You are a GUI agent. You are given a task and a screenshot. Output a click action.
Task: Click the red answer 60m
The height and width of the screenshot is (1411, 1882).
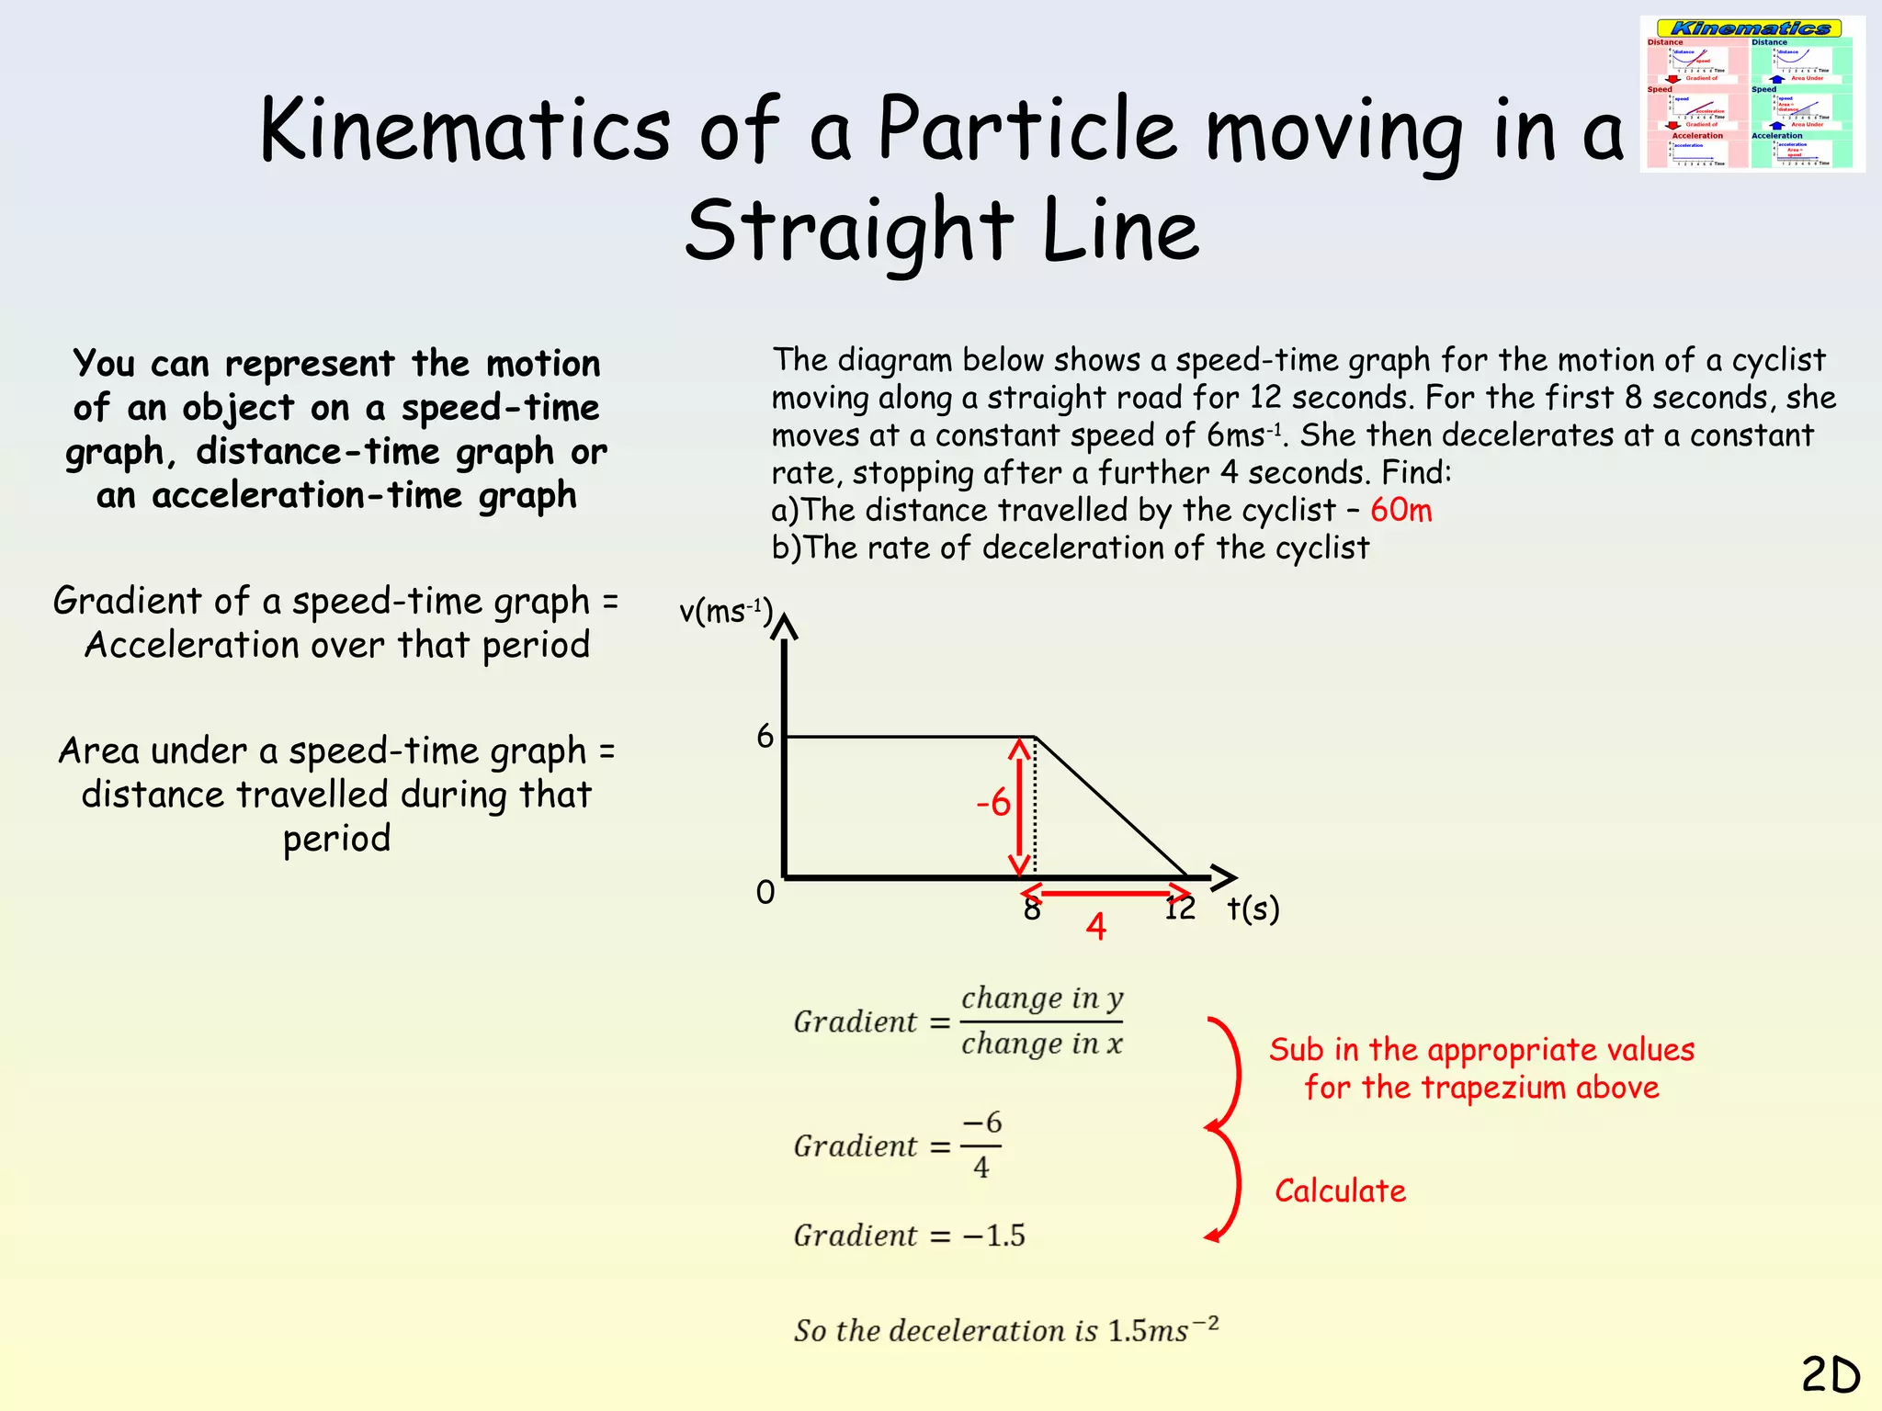(x=1400, y=510)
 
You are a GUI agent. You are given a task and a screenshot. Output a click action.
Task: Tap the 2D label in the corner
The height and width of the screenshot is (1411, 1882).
(x=1831, y=1375)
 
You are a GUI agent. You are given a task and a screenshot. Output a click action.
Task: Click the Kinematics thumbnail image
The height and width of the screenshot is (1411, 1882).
(x=1752, y=94)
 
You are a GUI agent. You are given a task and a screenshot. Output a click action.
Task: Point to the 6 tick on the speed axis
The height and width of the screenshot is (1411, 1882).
(x=765, y=736)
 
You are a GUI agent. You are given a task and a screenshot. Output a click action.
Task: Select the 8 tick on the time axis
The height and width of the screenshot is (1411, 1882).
(x=1032, y=909)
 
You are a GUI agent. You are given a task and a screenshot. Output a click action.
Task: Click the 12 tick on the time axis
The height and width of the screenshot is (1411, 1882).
(x=1180, y=909)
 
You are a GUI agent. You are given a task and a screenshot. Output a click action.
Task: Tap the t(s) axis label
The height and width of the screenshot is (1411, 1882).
(x=1253, y=909)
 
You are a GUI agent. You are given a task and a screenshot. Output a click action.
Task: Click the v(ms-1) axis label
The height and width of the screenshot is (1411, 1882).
(x=726, y=611)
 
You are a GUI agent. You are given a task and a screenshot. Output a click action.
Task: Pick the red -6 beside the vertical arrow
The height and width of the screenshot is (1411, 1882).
(x=993, y=804)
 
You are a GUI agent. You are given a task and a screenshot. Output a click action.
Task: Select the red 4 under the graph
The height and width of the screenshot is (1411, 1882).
(x=1095, y=926)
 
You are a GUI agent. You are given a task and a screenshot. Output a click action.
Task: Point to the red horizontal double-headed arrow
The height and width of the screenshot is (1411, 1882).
(x=1106, y=891)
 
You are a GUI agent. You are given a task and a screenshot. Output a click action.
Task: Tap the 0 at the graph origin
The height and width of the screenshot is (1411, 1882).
(x=765, y=892)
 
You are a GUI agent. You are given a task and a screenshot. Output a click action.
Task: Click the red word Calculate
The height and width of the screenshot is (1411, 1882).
(x=1340, y=1191)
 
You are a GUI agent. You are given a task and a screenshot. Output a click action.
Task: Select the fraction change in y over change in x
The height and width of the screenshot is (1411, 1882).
(x=1042, y=1022)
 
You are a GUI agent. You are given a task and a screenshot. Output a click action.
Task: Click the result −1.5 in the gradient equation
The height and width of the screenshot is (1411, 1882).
(x=993, y=1236)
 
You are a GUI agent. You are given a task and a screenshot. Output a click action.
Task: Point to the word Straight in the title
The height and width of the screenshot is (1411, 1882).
(x=849, y=230)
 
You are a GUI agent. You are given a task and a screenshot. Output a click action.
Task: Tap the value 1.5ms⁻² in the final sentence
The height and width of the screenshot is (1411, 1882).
(x=1163, y=1329)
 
